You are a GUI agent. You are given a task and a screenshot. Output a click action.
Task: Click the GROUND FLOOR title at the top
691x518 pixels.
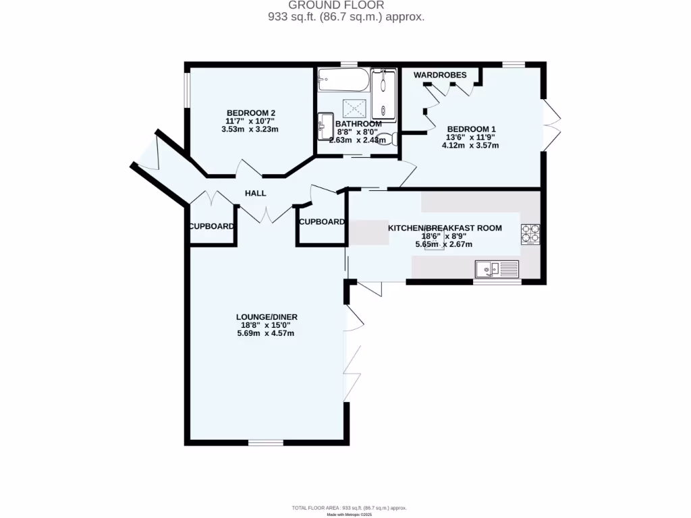pos(345,5)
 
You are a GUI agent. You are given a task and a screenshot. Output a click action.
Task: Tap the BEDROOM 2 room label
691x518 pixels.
pos(250,113)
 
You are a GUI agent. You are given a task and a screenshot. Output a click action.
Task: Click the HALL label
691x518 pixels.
pos(255,194)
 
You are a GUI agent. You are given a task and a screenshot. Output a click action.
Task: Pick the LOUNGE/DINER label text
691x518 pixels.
pos(267,316)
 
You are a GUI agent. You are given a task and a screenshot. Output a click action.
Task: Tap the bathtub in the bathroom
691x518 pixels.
pos(343,82)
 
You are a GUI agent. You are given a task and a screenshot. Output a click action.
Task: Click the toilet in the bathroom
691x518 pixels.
pos(385,140)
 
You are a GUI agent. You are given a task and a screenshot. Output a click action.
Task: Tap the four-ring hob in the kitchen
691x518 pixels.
pos(530,233)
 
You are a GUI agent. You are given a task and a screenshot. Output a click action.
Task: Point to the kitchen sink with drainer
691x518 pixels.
pos(497,269)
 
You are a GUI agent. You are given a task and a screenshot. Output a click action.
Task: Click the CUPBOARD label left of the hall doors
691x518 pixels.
pos(211,227)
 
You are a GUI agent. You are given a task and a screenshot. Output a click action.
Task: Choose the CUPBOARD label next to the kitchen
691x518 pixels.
pos(322,222)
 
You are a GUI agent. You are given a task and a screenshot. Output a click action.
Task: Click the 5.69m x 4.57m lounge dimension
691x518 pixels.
pos(266,333)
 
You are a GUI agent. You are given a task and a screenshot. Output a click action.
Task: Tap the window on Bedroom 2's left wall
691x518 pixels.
pos(187,90)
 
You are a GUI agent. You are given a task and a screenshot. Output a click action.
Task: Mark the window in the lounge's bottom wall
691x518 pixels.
pos(266,442)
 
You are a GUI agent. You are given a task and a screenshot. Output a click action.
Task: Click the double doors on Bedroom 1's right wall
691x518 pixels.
pos(551,123)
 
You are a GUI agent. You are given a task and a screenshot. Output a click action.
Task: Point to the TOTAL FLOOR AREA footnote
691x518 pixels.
pos(349,508)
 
